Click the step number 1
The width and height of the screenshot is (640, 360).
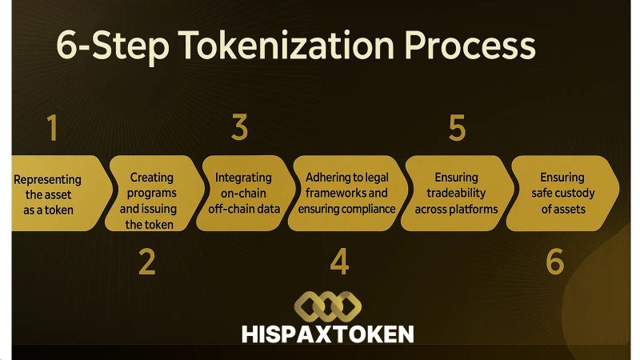pos(53,128)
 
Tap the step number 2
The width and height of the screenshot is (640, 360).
pos(146,262)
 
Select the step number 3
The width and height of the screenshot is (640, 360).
pos(239,128)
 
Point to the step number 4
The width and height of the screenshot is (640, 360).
pos(340,262)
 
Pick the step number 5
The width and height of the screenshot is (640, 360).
pos(457,128)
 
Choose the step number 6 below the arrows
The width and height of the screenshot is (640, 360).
pos(555,262)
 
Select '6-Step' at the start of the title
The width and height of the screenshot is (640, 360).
pos(104,46)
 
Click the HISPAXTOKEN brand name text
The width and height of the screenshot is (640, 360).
pos(327,333)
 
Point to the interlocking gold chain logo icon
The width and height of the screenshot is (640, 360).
pos(327,304)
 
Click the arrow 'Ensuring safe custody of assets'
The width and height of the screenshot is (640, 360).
pos(563,193)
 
